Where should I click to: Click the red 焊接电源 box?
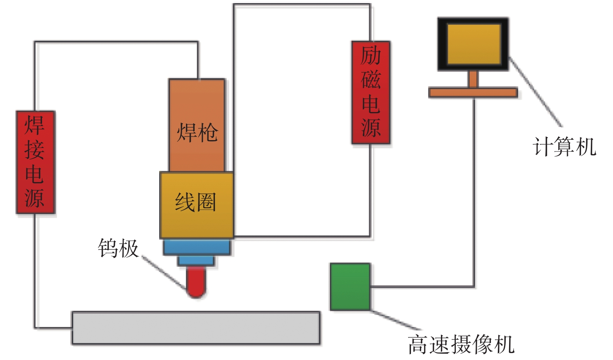pos(35,162)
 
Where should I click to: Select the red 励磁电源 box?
pos(371,93)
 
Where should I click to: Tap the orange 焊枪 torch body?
pos(197,125)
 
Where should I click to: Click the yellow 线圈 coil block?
pos(197,205)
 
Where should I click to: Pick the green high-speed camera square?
pos(350,287)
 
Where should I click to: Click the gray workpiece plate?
pos(196,328)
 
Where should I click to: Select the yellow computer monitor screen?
pos(473,44)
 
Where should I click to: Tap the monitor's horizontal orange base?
pos(473,93)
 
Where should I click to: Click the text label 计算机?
pos(564,147)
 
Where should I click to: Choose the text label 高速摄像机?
pos(461,344)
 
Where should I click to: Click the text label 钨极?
pos(118,248)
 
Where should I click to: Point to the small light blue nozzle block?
pos(196,260)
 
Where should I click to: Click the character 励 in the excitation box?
pos(371,56)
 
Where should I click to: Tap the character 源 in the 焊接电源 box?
pos(35,198)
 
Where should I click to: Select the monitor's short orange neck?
pos(473,79)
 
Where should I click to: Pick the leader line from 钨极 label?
pos(163,272)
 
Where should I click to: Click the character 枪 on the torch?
pos(207,132)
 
